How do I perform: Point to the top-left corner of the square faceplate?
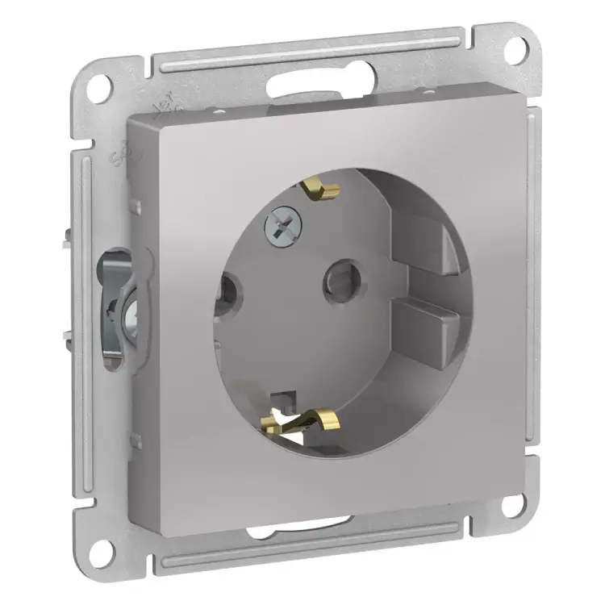click(x=129, y=120)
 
